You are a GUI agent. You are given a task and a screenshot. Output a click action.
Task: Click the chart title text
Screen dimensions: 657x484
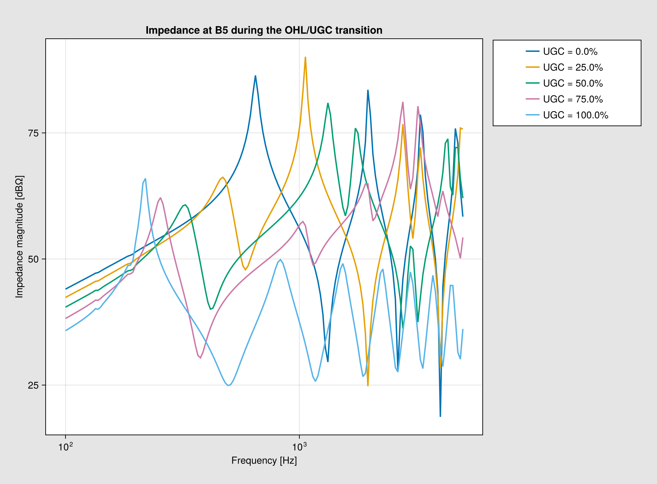(x=264, y=30)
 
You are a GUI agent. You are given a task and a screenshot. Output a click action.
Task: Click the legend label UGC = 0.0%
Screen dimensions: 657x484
(x=570, y=52)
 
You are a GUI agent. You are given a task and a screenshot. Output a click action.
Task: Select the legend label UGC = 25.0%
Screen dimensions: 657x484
(x=573, y=67)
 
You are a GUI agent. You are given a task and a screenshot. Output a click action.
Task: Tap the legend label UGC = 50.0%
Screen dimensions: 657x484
(x=573, y=83)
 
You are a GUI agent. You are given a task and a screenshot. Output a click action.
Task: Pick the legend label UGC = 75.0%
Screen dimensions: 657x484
(x=573, y=99)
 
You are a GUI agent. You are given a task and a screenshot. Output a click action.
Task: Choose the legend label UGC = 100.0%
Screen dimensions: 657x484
(x=576, y=115)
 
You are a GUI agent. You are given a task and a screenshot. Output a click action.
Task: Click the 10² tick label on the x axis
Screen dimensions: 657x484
(x=65, y=446)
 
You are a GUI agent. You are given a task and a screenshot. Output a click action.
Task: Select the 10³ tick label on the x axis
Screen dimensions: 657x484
(x=299, y=446)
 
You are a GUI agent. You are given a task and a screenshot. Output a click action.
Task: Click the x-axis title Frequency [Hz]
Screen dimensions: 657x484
(x=264, y=461)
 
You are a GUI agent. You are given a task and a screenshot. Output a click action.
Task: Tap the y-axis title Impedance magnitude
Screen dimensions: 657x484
(x=19, y=237)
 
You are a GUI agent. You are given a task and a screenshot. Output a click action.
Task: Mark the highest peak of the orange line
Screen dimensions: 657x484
(x=305, y=57)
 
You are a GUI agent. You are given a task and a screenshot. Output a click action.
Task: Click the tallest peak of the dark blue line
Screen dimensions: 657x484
(x=255, y=76)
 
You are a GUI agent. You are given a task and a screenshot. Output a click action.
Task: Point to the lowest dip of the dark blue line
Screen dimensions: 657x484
(x=440, y=416)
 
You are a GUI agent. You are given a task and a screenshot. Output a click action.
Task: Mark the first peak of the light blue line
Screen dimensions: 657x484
(x=145, y=179)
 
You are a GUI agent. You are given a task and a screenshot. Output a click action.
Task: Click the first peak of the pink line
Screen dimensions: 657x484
(x=160, y=198)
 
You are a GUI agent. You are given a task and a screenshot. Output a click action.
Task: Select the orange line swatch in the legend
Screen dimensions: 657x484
(x=533, y=67)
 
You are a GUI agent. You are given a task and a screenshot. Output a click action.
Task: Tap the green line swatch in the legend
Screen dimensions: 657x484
(x=533, y=83)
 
